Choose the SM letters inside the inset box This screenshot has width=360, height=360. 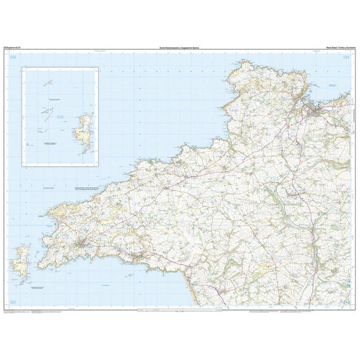pyautogui.click(x=61, y=118)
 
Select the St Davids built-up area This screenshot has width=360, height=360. pyautogui.click(x=81, y=245)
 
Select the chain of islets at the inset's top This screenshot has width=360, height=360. pyautogui.click(x=47, y=83)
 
